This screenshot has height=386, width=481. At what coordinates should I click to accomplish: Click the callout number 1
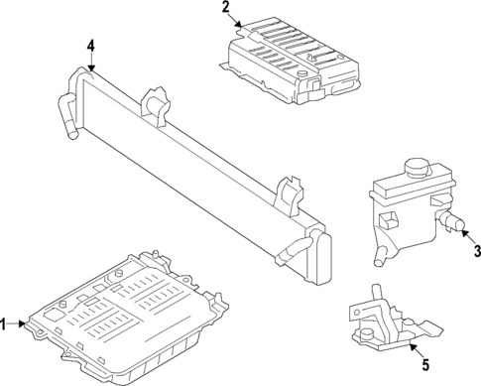[5, 323]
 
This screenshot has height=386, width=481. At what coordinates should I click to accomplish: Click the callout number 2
[226, 9]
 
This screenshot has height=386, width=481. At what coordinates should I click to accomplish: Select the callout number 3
[476, 250]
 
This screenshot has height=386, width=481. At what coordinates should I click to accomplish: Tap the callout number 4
[90, 47]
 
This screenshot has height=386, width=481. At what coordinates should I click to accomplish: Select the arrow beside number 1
[22, 323]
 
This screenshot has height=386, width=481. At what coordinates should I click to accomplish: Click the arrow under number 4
[90, 64]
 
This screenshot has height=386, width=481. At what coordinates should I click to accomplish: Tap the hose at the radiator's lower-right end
[291, 249]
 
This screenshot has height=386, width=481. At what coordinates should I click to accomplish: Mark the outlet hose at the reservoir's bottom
[380, 257]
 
